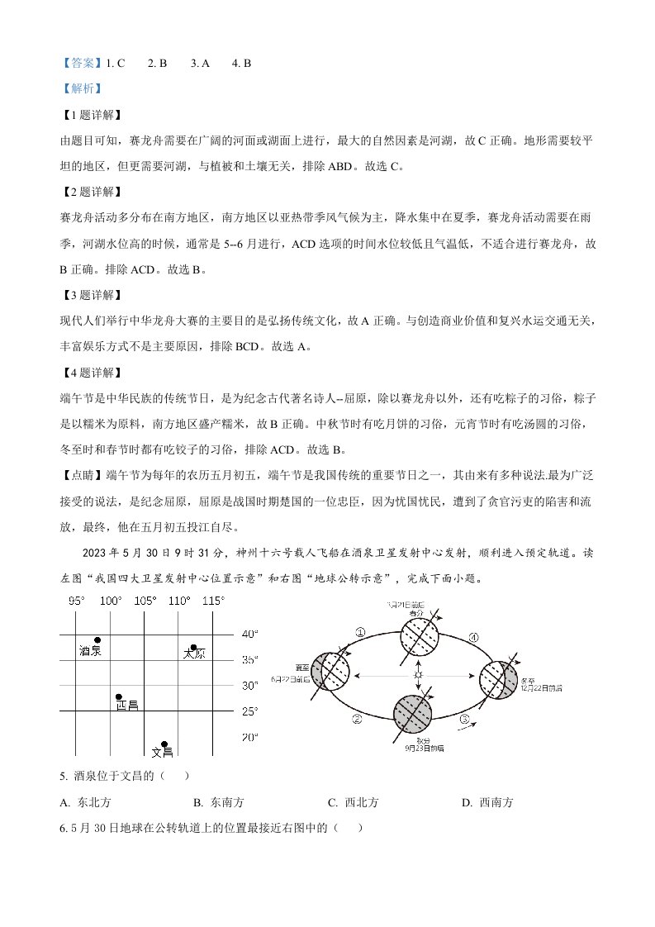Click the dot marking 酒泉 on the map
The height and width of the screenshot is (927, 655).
(x=97, y=640)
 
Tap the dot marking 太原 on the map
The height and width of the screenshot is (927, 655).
(x=194, y=648)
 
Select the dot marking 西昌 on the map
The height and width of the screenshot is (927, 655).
(x=119, y=697)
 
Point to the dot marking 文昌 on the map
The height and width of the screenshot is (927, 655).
(x=164, y=744)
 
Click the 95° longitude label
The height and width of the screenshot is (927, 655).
(x=77, y=601)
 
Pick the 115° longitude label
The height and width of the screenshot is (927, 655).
(x=213, y=601)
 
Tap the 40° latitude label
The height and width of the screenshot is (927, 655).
(x=249, y=635)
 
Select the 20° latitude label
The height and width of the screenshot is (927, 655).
(x=249, y=737)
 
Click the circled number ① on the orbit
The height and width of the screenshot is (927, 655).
(x=360, y=632)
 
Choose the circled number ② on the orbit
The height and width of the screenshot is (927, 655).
(x=357, y=719)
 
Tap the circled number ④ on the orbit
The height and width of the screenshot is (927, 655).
(x=473, y=637)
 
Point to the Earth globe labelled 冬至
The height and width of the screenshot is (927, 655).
(x=500, y=677)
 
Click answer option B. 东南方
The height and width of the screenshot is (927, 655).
(x=218, y=802)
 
